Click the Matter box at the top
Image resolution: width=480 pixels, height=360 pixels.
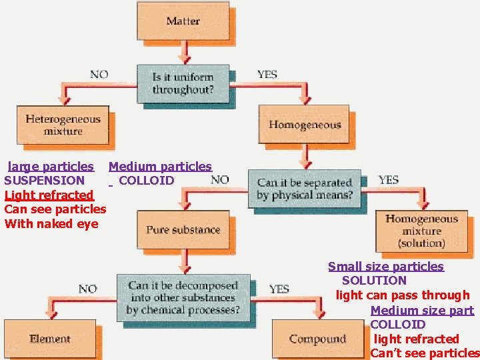(x=183, y=21)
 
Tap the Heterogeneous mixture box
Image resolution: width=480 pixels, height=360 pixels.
(x=63, y=125)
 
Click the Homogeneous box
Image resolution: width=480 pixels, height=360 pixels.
(x=305, y=125)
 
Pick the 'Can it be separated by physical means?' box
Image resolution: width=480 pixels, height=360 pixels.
(x=304, y=189)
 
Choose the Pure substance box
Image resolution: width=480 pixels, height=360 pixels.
(x=183, y=230)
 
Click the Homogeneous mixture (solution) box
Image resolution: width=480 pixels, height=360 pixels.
(x=421, y=231)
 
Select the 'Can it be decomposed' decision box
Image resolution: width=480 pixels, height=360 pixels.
(x=183, y=297)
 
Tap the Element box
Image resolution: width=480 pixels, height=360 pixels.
(x=50, y=339)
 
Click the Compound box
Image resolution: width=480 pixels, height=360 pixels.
(x=317, y=339)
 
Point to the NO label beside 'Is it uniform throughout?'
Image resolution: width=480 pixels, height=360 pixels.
(x=99, y=74)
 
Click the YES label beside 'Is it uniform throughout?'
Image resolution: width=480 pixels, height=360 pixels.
(x=267, y=74)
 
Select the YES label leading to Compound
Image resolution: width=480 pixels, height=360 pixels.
(x=279, y=289)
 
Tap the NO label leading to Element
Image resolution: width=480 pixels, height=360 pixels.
(x=87, y=289)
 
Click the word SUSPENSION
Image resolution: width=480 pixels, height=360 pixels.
(x=44, y=181)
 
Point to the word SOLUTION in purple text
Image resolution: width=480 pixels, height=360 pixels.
(x=374, y=281)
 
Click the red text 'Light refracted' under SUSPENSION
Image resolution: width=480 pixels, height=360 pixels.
(x=49, y=195)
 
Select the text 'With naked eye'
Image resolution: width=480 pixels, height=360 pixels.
(x=51, y=224)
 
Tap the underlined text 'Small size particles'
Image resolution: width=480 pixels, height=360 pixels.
(x=385, y=267)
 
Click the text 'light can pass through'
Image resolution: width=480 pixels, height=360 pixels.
(x=403, y=295)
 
